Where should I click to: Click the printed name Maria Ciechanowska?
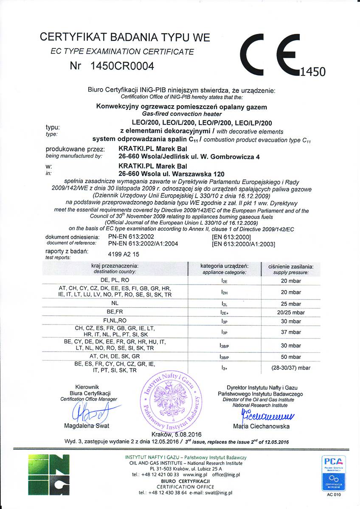coord(261,426)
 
